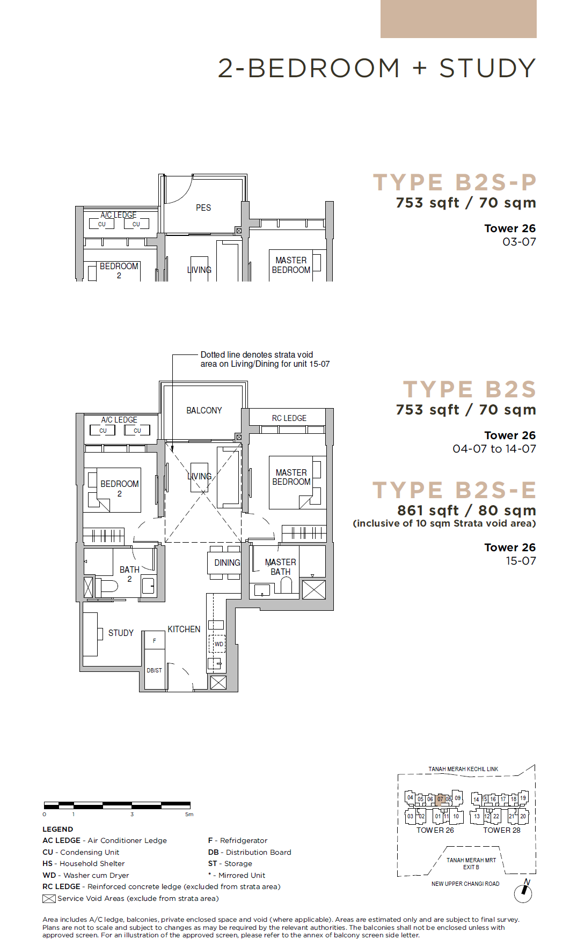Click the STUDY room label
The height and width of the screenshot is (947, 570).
point(121,633)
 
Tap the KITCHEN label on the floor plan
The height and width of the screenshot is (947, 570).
point(184,629)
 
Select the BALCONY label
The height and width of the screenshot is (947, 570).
point(204,410)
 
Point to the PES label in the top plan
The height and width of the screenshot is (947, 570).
point(203,208)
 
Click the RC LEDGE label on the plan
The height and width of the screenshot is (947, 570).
point(289,418)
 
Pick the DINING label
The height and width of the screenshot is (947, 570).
point(227,563)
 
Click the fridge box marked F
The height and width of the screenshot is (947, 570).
point(155,640)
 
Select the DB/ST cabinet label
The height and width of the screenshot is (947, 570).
point(155,670)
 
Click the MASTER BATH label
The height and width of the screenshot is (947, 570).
point(280,567)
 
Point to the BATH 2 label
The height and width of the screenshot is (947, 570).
point(129,574)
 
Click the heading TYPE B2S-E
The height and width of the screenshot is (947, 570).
point(455,490)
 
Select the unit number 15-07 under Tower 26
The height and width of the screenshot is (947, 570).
point(521,561)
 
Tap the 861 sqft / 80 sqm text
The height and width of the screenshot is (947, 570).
point(466,510)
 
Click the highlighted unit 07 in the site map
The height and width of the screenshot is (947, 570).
point(440,799)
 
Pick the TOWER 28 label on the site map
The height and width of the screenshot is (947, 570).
point(502,830)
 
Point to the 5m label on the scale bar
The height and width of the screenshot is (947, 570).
point(189,815)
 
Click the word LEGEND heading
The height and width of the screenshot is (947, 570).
point(58,829)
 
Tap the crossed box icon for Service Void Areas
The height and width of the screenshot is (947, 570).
point(49,899)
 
